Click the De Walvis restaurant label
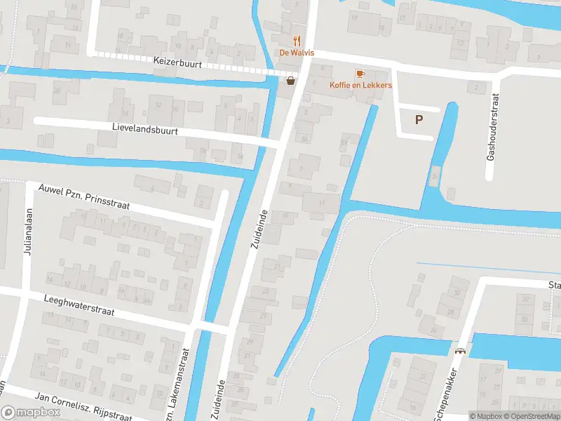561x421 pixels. pyautogui.click(x=297, y=53)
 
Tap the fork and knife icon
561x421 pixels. pyautogui.click(x=297, y=41)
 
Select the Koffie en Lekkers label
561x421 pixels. pyautogui.click(x=361, y=85)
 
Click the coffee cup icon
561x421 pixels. pyautogui.click(x=360, y=73)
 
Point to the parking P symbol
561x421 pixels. pyautogui.click(x=419, y=120)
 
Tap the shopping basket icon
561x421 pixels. pyautogui.click(x=290, y=81)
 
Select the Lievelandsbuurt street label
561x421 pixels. pyautogui.click(x=145, y=131)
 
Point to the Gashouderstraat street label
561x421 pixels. pyautogui.click(x=492, y=128)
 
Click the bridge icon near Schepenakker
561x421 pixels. pyautogui.click(x=461, y=352)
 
